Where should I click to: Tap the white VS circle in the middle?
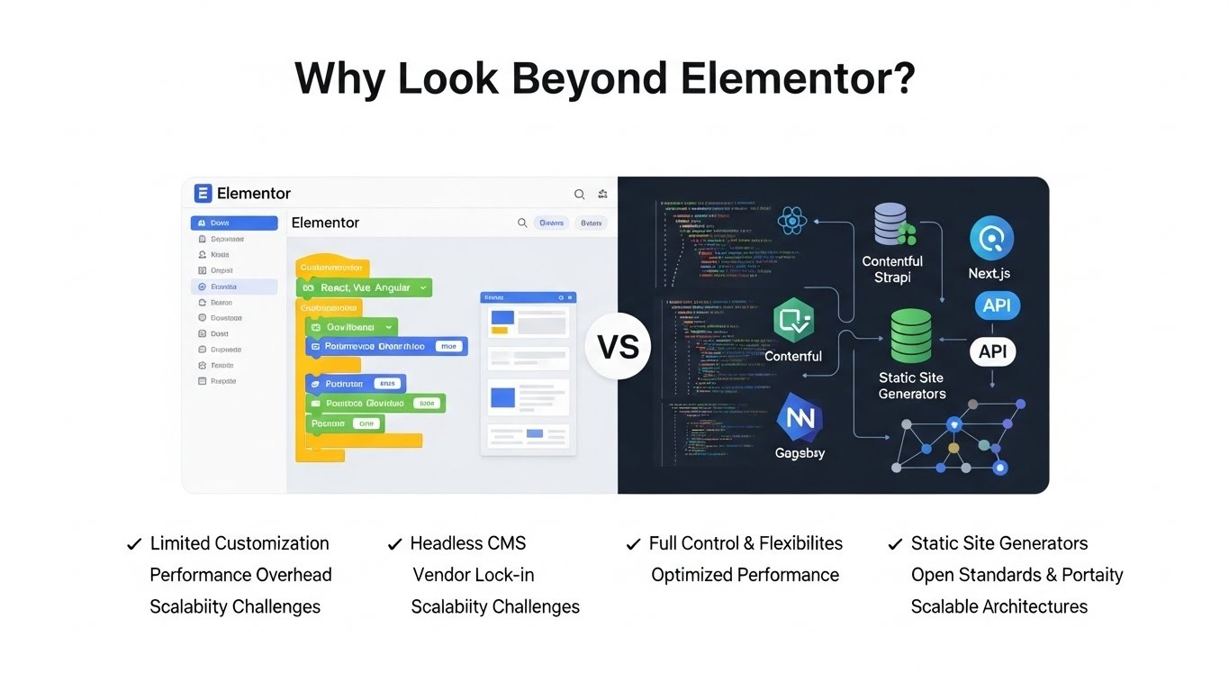point(618,346)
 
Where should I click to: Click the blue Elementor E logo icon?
point(203,193)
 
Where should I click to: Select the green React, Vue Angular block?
point(364,287)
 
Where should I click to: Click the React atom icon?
point(792,221)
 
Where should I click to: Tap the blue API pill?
point(996,305)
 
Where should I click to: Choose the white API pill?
point(992,351)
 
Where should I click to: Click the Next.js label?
point(989,273)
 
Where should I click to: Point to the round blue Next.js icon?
point(991,239)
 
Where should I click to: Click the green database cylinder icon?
point(911,335)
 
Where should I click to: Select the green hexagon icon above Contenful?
point(793,321)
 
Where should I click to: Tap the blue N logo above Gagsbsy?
point(800,417)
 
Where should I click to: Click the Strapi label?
point(891,278)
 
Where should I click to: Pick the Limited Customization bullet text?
point(239,543)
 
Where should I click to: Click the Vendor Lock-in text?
point(473,575)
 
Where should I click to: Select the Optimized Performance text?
point(745,575)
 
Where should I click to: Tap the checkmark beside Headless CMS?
point(394,544)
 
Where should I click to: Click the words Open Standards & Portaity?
point(1017,575)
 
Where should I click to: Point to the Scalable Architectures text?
point(999,606)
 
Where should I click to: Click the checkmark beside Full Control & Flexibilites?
point(633,544)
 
